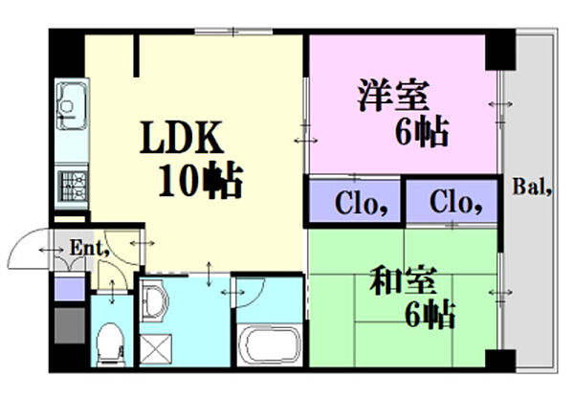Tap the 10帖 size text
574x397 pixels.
coord(200,180)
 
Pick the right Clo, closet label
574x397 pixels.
coord(449,202)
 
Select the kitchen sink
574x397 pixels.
coord(70,99)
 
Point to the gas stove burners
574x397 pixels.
coord(70,182)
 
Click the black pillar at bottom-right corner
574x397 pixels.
coord(497,361)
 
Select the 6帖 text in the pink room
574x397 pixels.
coord(421,134)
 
